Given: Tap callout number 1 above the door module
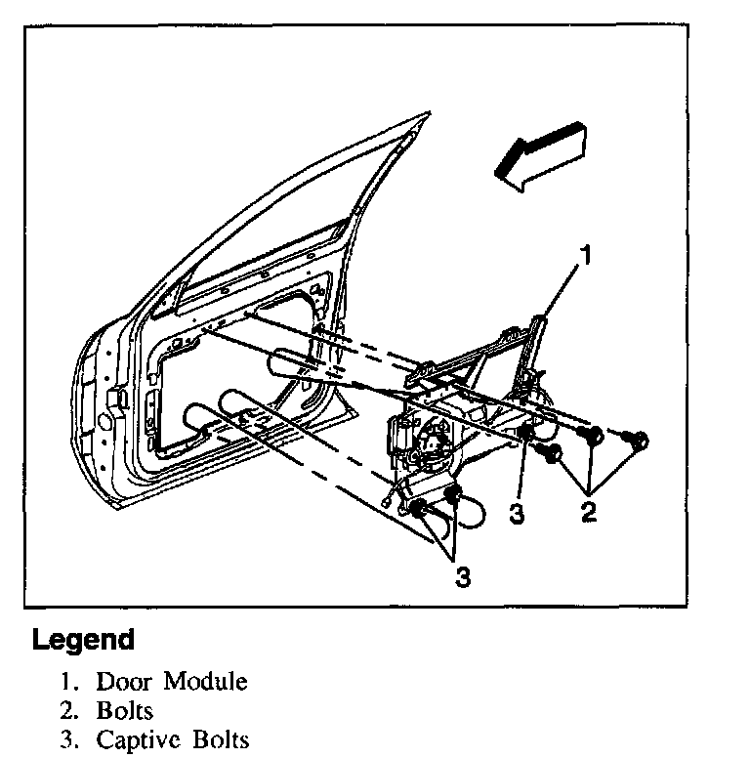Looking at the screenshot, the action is click(x=587, y=256).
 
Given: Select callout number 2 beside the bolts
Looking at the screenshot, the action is click(x=589, y=511).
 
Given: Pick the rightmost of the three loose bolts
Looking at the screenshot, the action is click(x=640, y=442).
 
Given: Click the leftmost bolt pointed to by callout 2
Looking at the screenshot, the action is click(x=552, y=451).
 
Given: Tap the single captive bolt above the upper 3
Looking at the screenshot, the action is click(x=524, y=434).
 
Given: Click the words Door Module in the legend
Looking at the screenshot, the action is click(x=171, y=680).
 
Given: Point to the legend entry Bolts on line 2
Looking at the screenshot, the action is click(x=124, y=709).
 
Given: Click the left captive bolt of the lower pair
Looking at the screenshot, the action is click(x=418, y=508).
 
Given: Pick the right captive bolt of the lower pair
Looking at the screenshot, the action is click(x=452, y=495).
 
